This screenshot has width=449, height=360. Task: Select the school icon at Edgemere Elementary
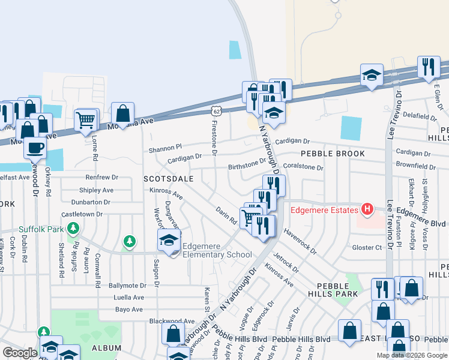[x=169, y=241]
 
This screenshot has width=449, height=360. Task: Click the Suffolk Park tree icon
[x=73, y=228]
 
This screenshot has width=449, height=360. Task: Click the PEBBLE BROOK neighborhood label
[x=333, y=154]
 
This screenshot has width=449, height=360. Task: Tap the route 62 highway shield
[x=217, y=111]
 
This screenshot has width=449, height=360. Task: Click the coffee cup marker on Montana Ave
[x=35, y=147]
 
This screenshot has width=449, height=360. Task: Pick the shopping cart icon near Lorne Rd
[x=86, y=121]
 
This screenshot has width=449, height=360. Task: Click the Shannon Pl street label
[x=165, y=147]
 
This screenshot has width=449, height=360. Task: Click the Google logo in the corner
[x=20, y=353]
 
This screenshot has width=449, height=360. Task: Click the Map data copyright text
[x=411, y=355]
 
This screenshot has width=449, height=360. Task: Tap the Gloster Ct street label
[x=367, y=247]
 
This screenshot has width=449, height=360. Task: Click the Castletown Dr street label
[x=82, y=214]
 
